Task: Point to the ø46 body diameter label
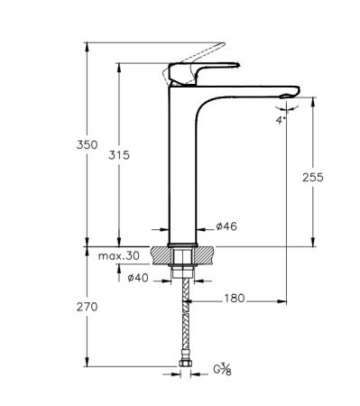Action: (x=227, y=226)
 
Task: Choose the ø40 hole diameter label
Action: (x=137, y=277)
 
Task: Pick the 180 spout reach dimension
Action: (x=233, y=297)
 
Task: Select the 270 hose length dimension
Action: (x=87, y=307)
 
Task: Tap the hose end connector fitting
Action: (x=186, y=364)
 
